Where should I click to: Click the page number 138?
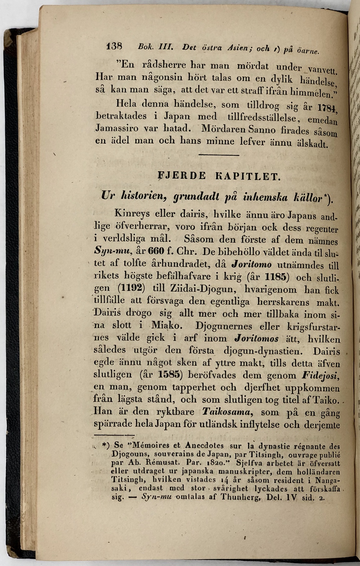tap(115, 46)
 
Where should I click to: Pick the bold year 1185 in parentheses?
tap(276, 277)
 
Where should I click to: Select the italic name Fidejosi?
tap(320, 376)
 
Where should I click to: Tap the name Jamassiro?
tap(117, 128)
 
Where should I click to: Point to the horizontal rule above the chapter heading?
tap(219, 155)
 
